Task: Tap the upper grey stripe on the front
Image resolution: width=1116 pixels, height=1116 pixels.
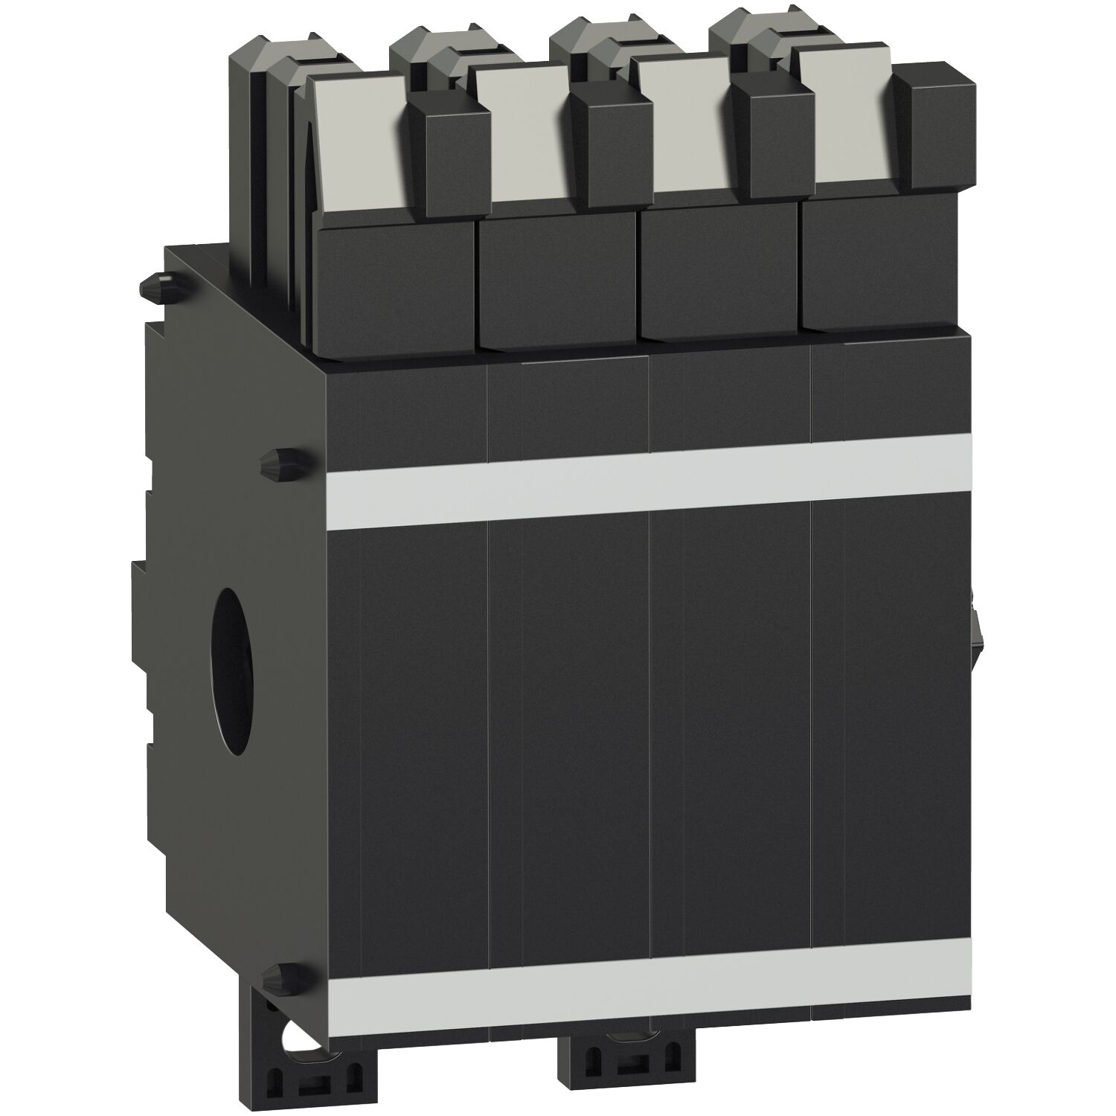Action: (x=647, y=481)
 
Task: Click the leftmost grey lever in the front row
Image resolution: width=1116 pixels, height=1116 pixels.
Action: (x=357, y=141)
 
